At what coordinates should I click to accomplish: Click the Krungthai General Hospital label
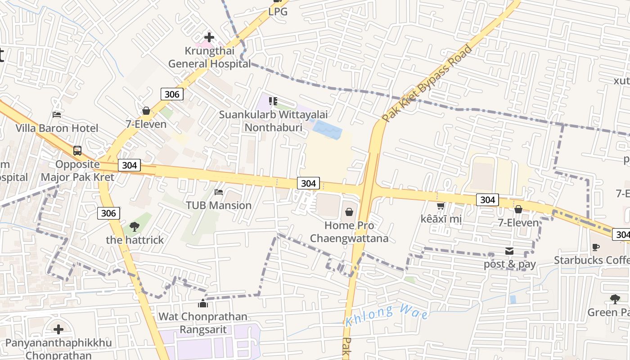pyautogui.click(x=209, y=57)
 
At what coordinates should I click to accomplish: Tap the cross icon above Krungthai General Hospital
pyautogui.click(x=209, y=37)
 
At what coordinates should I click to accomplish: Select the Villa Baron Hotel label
pyautogui.click(x=57, y=128)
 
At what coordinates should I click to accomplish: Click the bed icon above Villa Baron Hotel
pyautogui.click(x=57, y=114)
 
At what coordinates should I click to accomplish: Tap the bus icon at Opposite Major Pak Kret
pyautogui.click(x=77, y=151)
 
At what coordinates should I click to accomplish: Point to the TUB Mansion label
pyautogui.click(x=219, y=205)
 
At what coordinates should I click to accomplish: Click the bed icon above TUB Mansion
pyautogui.click(x=219, y=192)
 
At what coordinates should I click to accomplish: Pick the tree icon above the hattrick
pyautogui.click(x=134, y=226)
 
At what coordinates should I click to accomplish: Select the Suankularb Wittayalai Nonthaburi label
pyautogui.click(x=273, y=121)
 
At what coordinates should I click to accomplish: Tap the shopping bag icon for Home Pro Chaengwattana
pyautogui.click(x=349, y=212)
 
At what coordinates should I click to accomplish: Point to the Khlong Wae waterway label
pyautogui.click(x=387, y=315)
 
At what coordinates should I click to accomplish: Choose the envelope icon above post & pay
pyautogui.click(x=509, y=251)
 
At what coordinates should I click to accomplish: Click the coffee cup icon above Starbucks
pyautogui.click(x=596, y=247)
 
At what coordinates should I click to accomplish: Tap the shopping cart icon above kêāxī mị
pyautogui.click(x=441, y=206)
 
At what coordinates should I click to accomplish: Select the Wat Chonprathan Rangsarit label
pyautogui.click(x=203, y=323)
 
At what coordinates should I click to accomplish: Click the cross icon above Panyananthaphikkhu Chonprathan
pyautogui.click(x=58, y=330)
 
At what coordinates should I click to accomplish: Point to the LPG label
pyautogui.click(x=278, y=12)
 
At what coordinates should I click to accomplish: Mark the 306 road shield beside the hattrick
pyautogui.click(x=108, y=213)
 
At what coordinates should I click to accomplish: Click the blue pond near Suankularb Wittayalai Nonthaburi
pyautogui.click(x=328, y=130)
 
